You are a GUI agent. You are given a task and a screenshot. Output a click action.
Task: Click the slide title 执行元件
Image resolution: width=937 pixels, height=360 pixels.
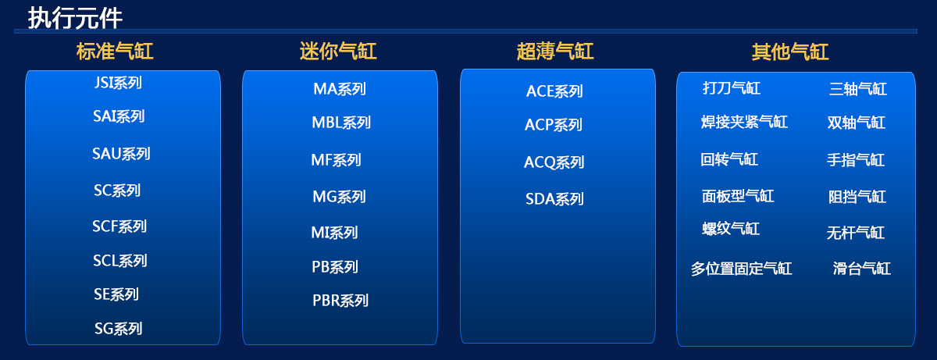(75, 17)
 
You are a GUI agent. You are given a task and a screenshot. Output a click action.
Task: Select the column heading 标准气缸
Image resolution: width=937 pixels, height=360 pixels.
(115, 52)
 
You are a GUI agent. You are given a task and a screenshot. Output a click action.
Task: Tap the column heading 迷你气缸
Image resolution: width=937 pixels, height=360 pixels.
(338, 52)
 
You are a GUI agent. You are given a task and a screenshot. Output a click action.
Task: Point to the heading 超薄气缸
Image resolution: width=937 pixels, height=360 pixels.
(555, 52)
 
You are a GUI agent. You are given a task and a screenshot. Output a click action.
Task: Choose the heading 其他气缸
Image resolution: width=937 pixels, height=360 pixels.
(790, 52)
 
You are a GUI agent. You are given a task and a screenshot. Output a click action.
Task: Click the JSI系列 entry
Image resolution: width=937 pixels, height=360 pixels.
(118, 83)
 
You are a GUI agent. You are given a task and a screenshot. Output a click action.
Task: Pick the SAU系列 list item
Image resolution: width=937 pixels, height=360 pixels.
(121, 154)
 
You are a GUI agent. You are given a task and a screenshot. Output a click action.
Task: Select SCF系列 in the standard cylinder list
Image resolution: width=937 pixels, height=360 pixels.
(119, 226)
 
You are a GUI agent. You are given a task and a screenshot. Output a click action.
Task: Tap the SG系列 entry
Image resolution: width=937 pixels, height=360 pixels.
(119, 329)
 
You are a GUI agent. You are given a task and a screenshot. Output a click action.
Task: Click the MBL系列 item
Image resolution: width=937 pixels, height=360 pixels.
(341, 123)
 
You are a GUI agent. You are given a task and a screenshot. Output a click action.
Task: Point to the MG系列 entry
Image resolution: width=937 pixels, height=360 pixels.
(339, 197)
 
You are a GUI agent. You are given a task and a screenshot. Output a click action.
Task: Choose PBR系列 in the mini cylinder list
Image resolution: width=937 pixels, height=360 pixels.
(340, 301)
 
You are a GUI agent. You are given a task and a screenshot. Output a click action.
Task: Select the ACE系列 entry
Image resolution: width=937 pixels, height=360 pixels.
(554, 91)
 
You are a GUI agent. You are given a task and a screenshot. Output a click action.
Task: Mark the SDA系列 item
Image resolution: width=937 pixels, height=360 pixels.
(554, 199)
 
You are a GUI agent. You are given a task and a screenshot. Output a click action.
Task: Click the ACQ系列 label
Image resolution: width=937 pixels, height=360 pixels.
(554, 162)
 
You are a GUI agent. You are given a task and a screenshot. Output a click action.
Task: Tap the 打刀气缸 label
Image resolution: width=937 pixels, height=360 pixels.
(732, 88)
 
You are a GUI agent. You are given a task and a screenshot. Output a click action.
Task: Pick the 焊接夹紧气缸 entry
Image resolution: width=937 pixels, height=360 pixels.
(744, 123)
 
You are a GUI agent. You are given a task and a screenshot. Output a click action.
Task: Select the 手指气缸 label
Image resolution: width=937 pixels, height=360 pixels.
(856, 161)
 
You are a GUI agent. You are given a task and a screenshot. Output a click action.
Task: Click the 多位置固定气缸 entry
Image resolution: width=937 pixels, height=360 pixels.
(741, 269)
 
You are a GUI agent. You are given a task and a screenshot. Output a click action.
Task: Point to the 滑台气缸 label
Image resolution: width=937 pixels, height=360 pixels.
(862, 269)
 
